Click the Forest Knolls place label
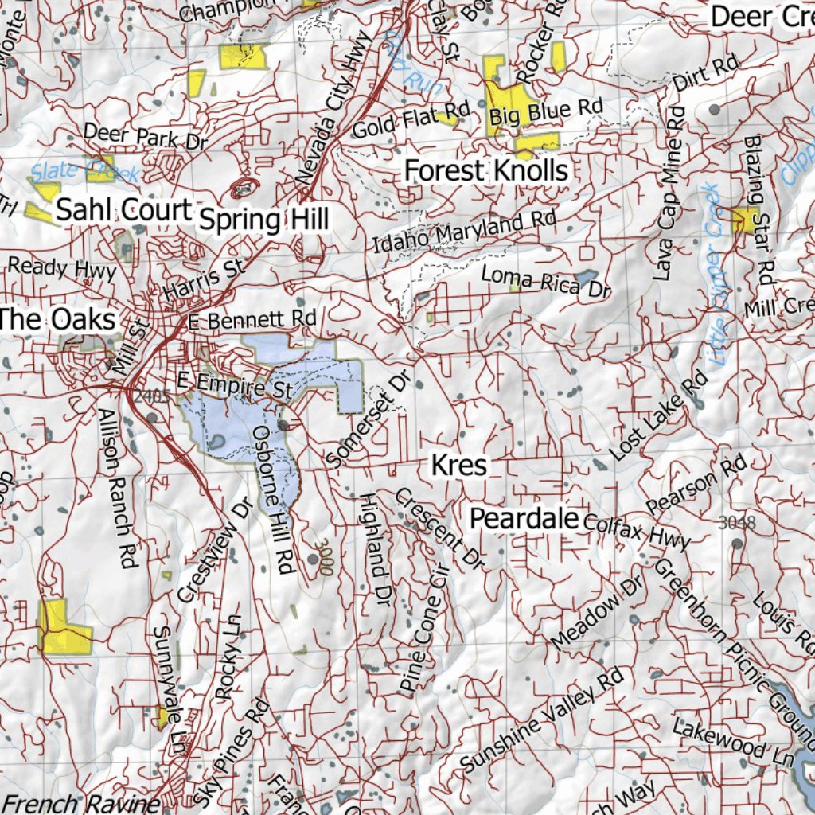coord(486,170)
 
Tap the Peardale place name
coord(523,519)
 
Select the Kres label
coord(458,465)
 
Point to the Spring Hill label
coord(263,220)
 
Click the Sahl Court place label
coord(124,210)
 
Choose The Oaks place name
coord(58,320)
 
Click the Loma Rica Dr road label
coord(545,282)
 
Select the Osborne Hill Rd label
coord(273,499)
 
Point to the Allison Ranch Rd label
coord(116,489)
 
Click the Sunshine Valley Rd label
coord(541,721)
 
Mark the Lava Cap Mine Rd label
coord(669,193)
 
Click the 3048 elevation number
coord(736,523)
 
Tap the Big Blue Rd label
coord(545,111)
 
